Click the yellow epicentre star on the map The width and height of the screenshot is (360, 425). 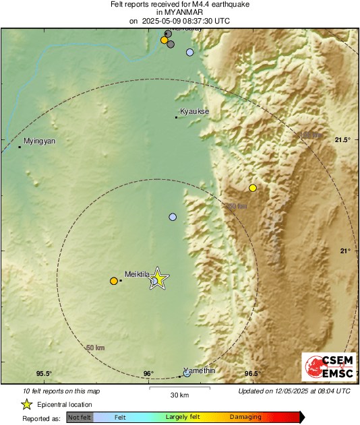(x=158, y=277)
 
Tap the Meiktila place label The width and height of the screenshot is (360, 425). (x=137, y=274)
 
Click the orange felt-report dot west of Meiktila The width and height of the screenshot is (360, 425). (x=113, y=281)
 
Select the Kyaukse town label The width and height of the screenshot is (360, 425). (x=193, y=111)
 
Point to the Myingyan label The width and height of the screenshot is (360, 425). (x=39, y=141)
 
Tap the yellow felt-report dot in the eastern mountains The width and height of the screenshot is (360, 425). (x=253, y=187)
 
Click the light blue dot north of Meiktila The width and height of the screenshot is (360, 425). (x=173, y=217)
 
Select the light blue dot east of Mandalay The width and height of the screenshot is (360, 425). (x=190, y=52)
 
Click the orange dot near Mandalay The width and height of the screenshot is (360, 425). (x=164, y=40)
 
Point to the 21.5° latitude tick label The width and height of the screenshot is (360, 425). (x=342, y=140)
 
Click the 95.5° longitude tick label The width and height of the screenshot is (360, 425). (x=44, y=374)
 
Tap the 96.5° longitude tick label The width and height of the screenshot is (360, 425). (x=251, y=374)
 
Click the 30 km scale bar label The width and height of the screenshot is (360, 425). (x=179, y=395)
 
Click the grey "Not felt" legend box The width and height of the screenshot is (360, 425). (x=80, y=418)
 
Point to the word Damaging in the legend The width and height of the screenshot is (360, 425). (x=245, y=418)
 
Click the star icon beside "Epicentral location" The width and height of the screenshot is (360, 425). (x=26, y=404)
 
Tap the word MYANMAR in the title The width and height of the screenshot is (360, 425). (x=179, y=12)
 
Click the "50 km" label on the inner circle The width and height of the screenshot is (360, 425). (x=96, y=348)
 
